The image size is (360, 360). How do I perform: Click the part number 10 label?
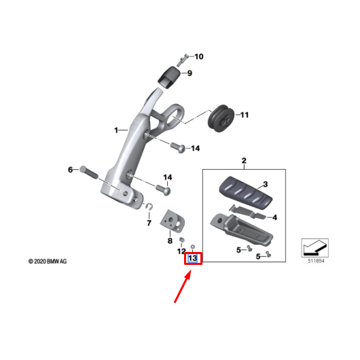coord(199,56)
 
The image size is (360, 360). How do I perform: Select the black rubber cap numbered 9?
coord(169,77)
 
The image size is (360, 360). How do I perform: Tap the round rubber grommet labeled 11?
coord(221,118)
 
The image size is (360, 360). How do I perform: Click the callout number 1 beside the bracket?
coord(116,130)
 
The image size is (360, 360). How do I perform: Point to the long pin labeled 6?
coord(89,173)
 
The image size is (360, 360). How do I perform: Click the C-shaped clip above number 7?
coord(149,206)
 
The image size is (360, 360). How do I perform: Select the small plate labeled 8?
coord(173,220)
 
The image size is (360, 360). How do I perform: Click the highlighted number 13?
coord(193,258)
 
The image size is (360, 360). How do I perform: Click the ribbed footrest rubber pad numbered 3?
coord(246,192)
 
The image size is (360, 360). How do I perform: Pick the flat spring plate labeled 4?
coord(247,213)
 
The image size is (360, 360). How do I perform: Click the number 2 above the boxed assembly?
coord(244,160)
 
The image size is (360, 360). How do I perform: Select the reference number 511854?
coord(316,261)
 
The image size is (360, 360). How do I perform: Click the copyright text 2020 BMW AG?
coord(48,262)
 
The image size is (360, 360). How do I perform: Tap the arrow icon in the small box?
coord(314,247)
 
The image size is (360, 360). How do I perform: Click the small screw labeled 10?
coord(182,60)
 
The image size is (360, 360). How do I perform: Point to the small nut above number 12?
coord(182,240)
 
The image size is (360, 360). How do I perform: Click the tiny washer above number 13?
coord(193,247)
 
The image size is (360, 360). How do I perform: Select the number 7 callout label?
coord(149,223)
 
